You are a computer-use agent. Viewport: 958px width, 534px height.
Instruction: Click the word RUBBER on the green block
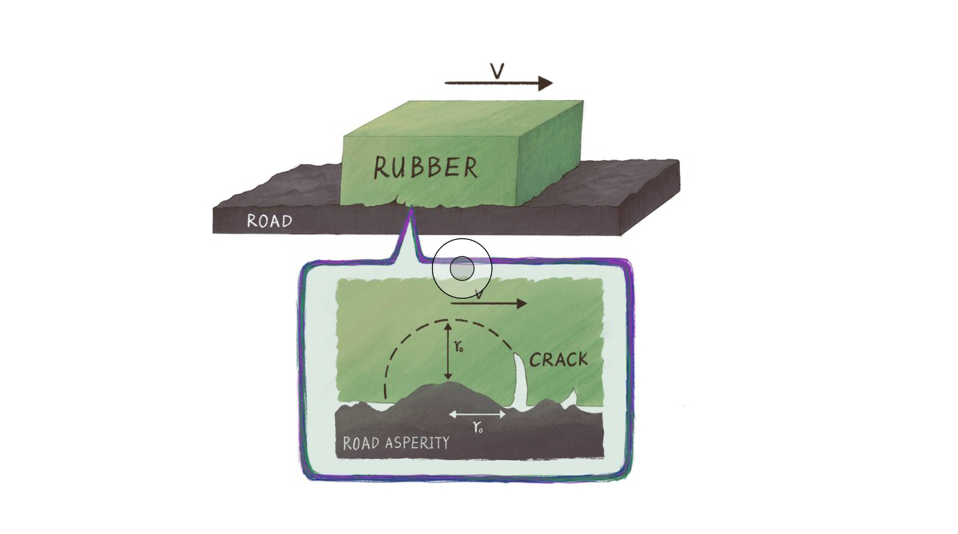426,167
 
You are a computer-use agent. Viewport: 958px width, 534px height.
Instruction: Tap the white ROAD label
269,221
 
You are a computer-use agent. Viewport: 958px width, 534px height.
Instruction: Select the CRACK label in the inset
559,360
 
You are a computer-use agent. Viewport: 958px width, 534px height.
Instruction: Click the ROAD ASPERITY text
396,443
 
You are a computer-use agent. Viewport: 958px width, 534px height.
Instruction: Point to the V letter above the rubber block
497,71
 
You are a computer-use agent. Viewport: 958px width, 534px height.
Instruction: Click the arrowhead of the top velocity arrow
545,83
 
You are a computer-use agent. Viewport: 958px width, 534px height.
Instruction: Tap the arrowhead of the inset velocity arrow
522,304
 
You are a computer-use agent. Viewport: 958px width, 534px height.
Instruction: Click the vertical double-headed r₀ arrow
448,351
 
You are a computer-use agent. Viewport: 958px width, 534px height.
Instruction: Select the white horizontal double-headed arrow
477,414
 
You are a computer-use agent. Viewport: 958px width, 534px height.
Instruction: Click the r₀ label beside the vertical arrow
459,347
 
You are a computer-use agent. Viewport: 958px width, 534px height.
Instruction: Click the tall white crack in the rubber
520,381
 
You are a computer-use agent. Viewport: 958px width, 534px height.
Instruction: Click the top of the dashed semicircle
447,320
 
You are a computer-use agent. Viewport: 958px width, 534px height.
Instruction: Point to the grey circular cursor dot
462,269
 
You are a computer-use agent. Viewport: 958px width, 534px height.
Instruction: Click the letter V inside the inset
479,294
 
